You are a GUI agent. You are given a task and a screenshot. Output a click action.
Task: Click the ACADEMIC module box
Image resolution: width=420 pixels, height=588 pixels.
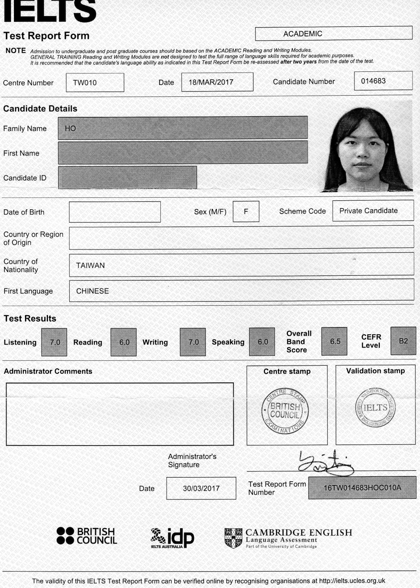[333, 34]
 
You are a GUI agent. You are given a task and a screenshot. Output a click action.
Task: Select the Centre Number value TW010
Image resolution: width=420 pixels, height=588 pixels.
[85, 82]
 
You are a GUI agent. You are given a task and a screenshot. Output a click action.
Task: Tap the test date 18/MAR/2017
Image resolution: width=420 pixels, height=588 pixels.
[211, 82]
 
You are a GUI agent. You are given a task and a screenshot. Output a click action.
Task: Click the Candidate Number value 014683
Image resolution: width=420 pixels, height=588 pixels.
[373, 81]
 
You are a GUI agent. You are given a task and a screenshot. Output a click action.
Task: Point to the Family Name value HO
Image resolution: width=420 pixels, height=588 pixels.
[71, 128]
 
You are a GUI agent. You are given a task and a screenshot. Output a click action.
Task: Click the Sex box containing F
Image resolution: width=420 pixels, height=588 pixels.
[246, 212]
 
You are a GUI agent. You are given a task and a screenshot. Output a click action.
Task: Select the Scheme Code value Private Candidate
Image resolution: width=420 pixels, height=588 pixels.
[368, 211]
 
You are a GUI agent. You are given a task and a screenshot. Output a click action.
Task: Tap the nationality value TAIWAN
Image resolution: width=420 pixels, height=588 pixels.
[90, 265]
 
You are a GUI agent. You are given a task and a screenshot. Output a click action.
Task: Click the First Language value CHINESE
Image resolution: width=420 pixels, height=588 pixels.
[92, 291]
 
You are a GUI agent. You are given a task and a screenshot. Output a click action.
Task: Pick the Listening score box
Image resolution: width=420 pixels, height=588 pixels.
[55, 342]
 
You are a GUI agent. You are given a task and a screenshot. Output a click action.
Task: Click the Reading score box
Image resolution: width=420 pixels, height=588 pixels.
[124, 342]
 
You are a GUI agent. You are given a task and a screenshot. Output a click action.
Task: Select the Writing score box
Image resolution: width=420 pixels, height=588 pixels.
[193, 342]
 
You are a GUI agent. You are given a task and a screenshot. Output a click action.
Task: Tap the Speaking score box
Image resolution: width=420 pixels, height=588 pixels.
[262, 342]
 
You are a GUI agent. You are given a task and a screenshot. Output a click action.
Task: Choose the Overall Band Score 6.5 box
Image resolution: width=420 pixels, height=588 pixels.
[335, 341]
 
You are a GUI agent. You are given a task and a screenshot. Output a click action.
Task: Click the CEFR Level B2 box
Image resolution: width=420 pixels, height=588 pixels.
[403, 341]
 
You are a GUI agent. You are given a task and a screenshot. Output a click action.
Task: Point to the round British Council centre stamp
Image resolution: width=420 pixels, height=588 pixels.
[285, 410]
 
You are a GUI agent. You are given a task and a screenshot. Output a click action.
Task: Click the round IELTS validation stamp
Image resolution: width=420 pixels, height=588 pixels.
[375, 408]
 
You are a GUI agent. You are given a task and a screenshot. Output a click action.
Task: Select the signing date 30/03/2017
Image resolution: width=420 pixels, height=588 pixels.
[201, 488]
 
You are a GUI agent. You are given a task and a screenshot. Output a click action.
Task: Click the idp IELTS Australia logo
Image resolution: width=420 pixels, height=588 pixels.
[172, 538]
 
